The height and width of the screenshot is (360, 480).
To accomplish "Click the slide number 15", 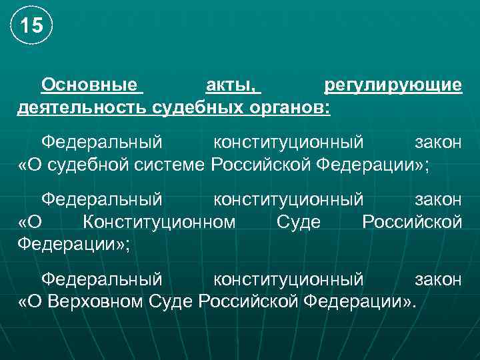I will point(31,27).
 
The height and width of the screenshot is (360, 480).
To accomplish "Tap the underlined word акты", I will point(230,85).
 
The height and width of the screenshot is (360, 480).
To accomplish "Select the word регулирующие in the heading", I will point(393,85).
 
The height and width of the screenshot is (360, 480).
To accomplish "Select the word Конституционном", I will point(159,222).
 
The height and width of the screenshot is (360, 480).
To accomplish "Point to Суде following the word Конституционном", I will point(298,222).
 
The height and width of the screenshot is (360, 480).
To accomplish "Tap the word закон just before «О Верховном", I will point(438,279).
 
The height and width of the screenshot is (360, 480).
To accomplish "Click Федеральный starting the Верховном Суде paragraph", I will point(101,279).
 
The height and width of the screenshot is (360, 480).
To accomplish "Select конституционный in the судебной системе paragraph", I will point(288,143).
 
